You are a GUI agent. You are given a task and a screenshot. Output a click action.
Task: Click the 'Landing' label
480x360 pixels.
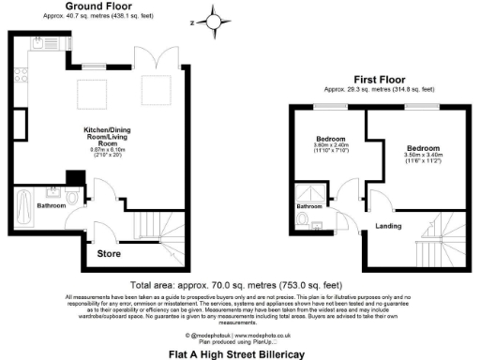386,225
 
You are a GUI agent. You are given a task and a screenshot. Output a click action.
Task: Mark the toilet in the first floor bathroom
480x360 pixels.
303,217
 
